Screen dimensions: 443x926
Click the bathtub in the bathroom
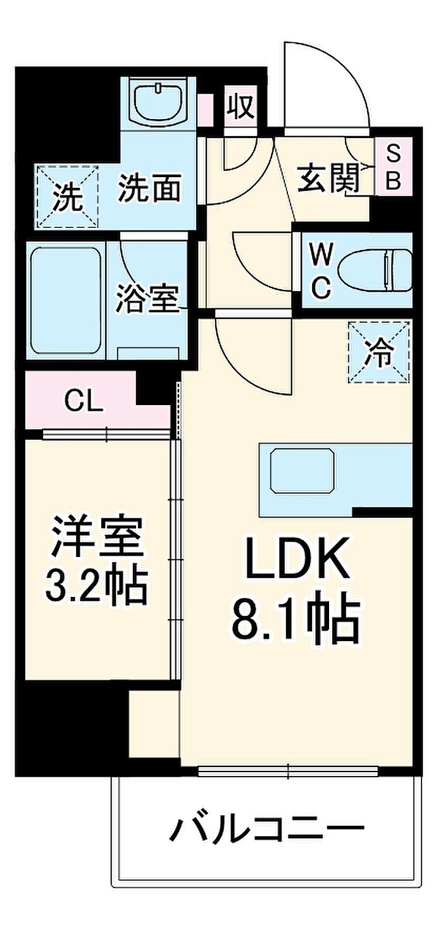point(66,301)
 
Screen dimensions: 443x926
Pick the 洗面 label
point(150,188)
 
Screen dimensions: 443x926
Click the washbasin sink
point(159,101)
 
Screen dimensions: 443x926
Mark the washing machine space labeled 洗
point(68,196)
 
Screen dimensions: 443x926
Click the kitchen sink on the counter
point(302,470)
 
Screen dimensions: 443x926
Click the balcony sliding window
point(288,769)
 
